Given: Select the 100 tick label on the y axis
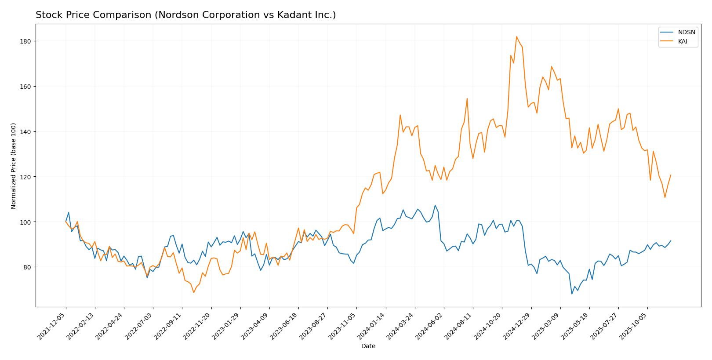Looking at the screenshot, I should click(26, 222).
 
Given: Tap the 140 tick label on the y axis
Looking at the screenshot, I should click(26, 132).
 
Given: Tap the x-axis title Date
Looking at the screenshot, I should click(368, 346).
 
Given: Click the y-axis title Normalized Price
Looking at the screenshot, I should click(14, 166).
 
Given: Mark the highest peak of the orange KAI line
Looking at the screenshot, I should click(516, 36).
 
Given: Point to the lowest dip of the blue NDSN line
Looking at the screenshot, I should click(572, 294).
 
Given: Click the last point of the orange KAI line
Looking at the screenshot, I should click(671, 175).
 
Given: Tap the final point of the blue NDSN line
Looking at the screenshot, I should click(671, 240).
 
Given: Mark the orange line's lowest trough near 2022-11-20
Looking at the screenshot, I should click(193, 292).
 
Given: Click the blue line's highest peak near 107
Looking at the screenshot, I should click(435, 205).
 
